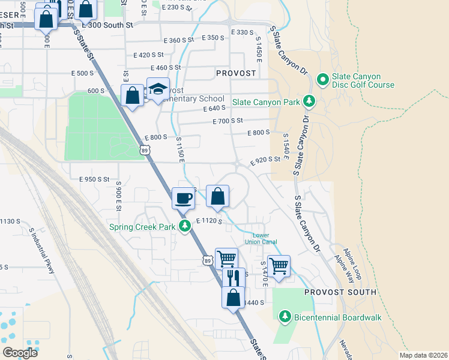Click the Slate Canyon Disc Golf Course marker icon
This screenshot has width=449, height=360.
pos(322,79)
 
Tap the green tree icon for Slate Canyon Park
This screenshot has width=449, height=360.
pos(309,101)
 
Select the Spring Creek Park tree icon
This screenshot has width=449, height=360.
pos(185,226)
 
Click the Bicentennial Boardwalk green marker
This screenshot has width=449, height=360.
pos(285,316)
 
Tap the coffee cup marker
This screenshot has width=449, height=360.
pos(183,197)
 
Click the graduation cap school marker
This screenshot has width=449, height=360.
pos(158,89)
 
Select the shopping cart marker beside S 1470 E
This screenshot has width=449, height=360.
pos(279,265)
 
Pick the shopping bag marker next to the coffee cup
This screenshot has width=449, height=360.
pos(217,196)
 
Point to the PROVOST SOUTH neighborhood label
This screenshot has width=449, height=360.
pos(340,292)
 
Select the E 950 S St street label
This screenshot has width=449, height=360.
pos(94,179)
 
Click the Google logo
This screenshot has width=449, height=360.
pos(20,352)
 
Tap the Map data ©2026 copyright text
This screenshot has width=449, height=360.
pos(423,355)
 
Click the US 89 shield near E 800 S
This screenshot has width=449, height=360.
pos(145,150)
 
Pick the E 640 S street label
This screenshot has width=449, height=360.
pos(214,109)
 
